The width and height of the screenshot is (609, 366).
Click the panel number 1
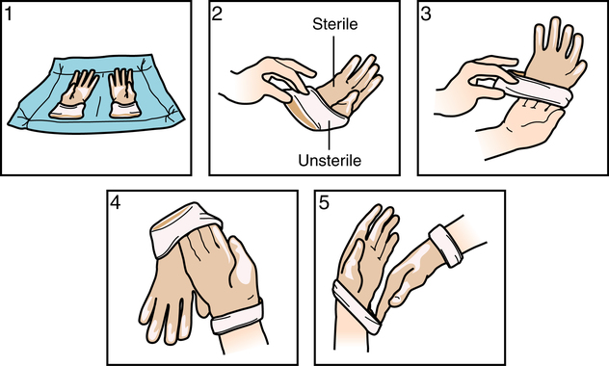9,14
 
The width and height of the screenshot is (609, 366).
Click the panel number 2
217,14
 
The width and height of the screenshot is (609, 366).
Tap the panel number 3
426,14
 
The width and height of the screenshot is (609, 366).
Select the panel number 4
116,202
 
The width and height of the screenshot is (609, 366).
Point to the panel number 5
324,202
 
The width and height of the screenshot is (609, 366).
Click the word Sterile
334,24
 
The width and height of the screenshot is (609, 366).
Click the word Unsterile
330,160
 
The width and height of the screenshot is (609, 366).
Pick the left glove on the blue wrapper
74,94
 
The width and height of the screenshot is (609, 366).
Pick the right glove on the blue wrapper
123,93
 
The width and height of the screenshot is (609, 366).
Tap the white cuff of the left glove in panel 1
66,111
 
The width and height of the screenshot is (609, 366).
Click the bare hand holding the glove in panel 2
264,80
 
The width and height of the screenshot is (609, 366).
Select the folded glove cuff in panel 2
316,111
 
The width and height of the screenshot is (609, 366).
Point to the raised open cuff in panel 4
184,229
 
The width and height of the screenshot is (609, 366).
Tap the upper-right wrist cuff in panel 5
445,246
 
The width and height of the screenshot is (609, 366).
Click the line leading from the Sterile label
332,58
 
